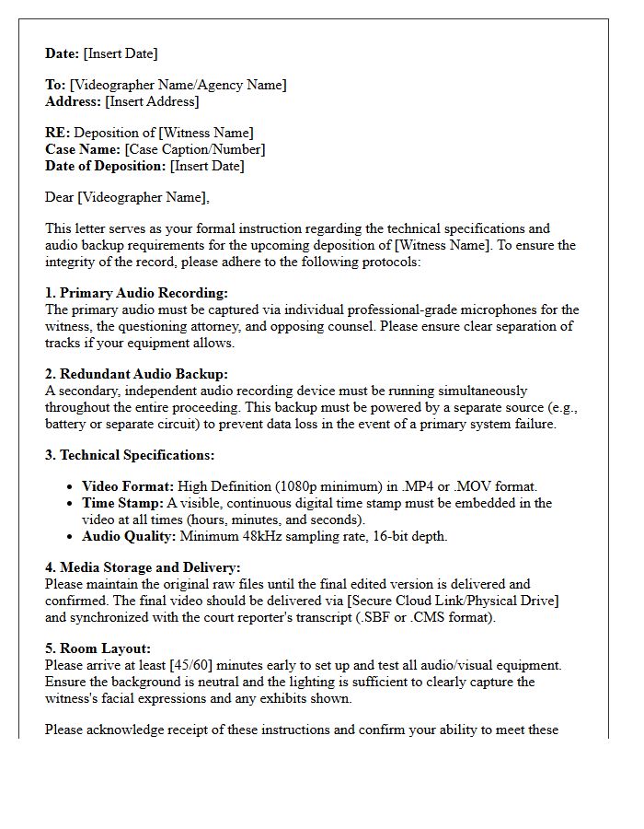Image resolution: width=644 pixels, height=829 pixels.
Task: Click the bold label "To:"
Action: tap(55, 85)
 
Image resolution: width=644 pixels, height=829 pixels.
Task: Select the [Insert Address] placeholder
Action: tap(152, 101)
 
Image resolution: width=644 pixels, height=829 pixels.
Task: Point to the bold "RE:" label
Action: tap(58, 133)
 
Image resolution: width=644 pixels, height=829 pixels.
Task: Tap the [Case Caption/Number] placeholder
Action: tap(194, 149)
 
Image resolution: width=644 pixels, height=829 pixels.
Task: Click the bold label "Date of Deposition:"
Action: tap(106, 166)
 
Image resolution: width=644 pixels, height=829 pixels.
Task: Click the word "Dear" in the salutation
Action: tap(60, 197)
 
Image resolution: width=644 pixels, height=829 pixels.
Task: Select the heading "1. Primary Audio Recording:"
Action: tap(136, 293)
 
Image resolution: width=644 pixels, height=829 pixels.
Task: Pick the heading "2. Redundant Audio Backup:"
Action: tap(136, 374)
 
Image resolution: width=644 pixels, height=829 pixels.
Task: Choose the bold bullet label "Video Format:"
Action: tap(128, 486)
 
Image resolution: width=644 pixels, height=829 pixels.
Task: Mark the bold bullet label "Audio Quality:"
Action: tap(129, 536)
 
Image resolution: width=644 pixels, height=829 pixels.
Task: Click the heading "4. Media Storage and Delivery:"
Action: tap(143, 567)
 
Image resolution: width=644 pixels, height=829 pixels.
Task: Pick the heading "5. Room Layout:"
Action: tap(98, 648)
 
